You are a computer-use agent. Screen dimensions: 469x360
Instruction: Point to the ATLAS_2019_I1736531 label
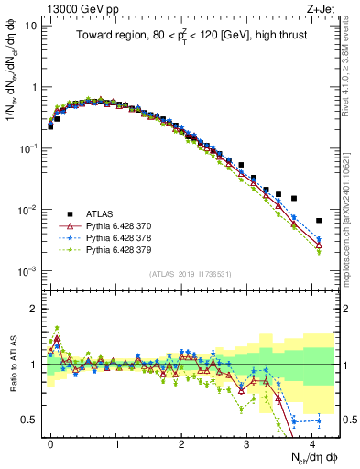pos(189,273)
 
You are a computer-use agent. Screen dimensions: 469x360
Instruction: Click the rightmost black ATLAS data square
pos(318,221)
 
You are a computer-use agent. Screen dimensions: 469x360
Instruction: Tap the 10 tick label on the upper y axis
pos(31,25)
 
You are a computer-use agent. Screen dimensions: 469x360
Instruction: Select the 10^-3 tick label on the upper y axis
pos(28,271)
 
